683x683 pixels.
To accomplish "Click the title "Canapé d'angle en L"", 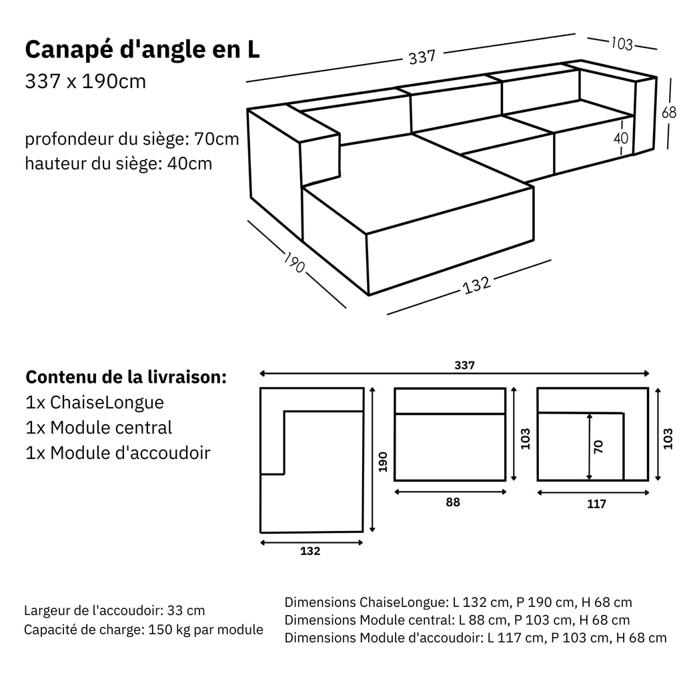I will pyautogui.click(x=142, y=50).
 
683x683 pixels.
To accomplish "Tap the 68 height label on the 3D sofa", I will pyautogui.click(x=668, y=113).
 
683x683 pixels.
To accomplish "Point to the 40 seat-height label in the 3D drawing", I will pyautogui.click(x=621, y=139).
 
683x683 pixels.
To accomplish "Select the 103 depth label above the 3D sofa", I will pyautogui.click(x=622, y=44).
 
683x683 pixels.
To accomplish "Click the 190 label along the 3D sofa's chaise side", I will pyautogui.click(x=294, y=262).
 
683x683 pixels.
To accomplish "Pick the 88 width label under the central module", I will pyautogui.click(x=452, y=502).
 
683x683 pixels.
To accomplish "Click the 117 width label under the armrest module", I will pyautogui.click(x=596, y=504).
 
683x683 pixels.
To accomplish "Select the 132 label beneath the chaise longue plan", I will pyautogui.click(x=310, y=551).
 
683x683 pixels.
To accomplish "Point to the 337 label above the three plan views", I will pyautogui.click(x=464, y=365).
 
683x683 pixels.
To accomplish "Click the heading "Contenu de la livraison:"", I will pyautogui.click(x=126, y=377).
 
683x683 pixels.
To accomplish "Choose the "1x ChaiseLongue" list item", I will pyautogui.click(x=94, y=403).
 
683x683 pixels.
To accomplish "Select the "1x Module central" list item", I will pyautogui.click(x=99, y=428).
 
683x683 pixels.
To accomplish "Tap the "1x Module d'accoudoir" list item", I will pyautogui.click(x=118, y=453).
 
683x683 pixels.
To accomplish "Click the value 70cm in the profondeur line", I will pyautogui.click(x=216, y=139).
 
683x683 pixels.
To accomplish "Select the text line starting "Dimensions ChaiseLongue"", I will pyautogui.click(x=458, y=602).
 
